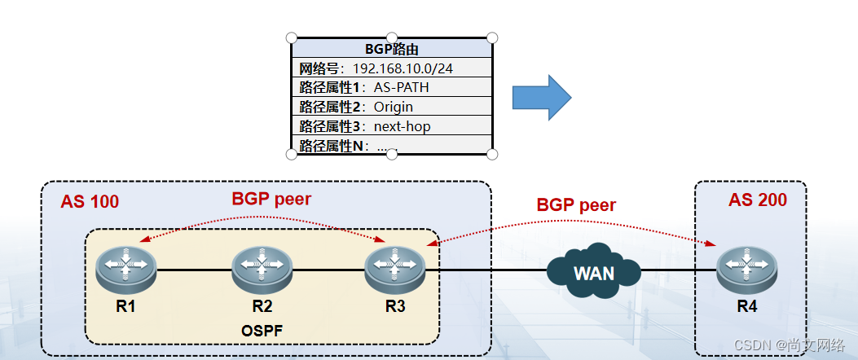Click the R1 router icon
click(125, 270)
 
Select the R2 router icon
click(262, 270)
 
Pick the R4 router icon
click(747, 270)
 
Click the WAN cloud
click(594, 272)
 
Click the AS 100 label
click(90, 201)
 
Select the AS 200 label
click(757, 200)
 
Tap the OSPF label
click(262, 331)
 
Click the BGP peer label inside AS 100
click(271, 198)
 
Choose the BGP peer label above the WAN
click(576, 204)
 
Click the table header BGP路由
click(392, 49)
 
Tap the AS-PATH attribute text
click(401, 87)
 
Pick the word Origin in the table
click(393, 107)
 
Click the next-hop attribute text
click(402, 126)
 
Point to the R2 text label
click(262, 306)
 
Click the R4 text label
click(747, 307)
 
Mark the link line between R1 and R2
click(193, 270)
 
